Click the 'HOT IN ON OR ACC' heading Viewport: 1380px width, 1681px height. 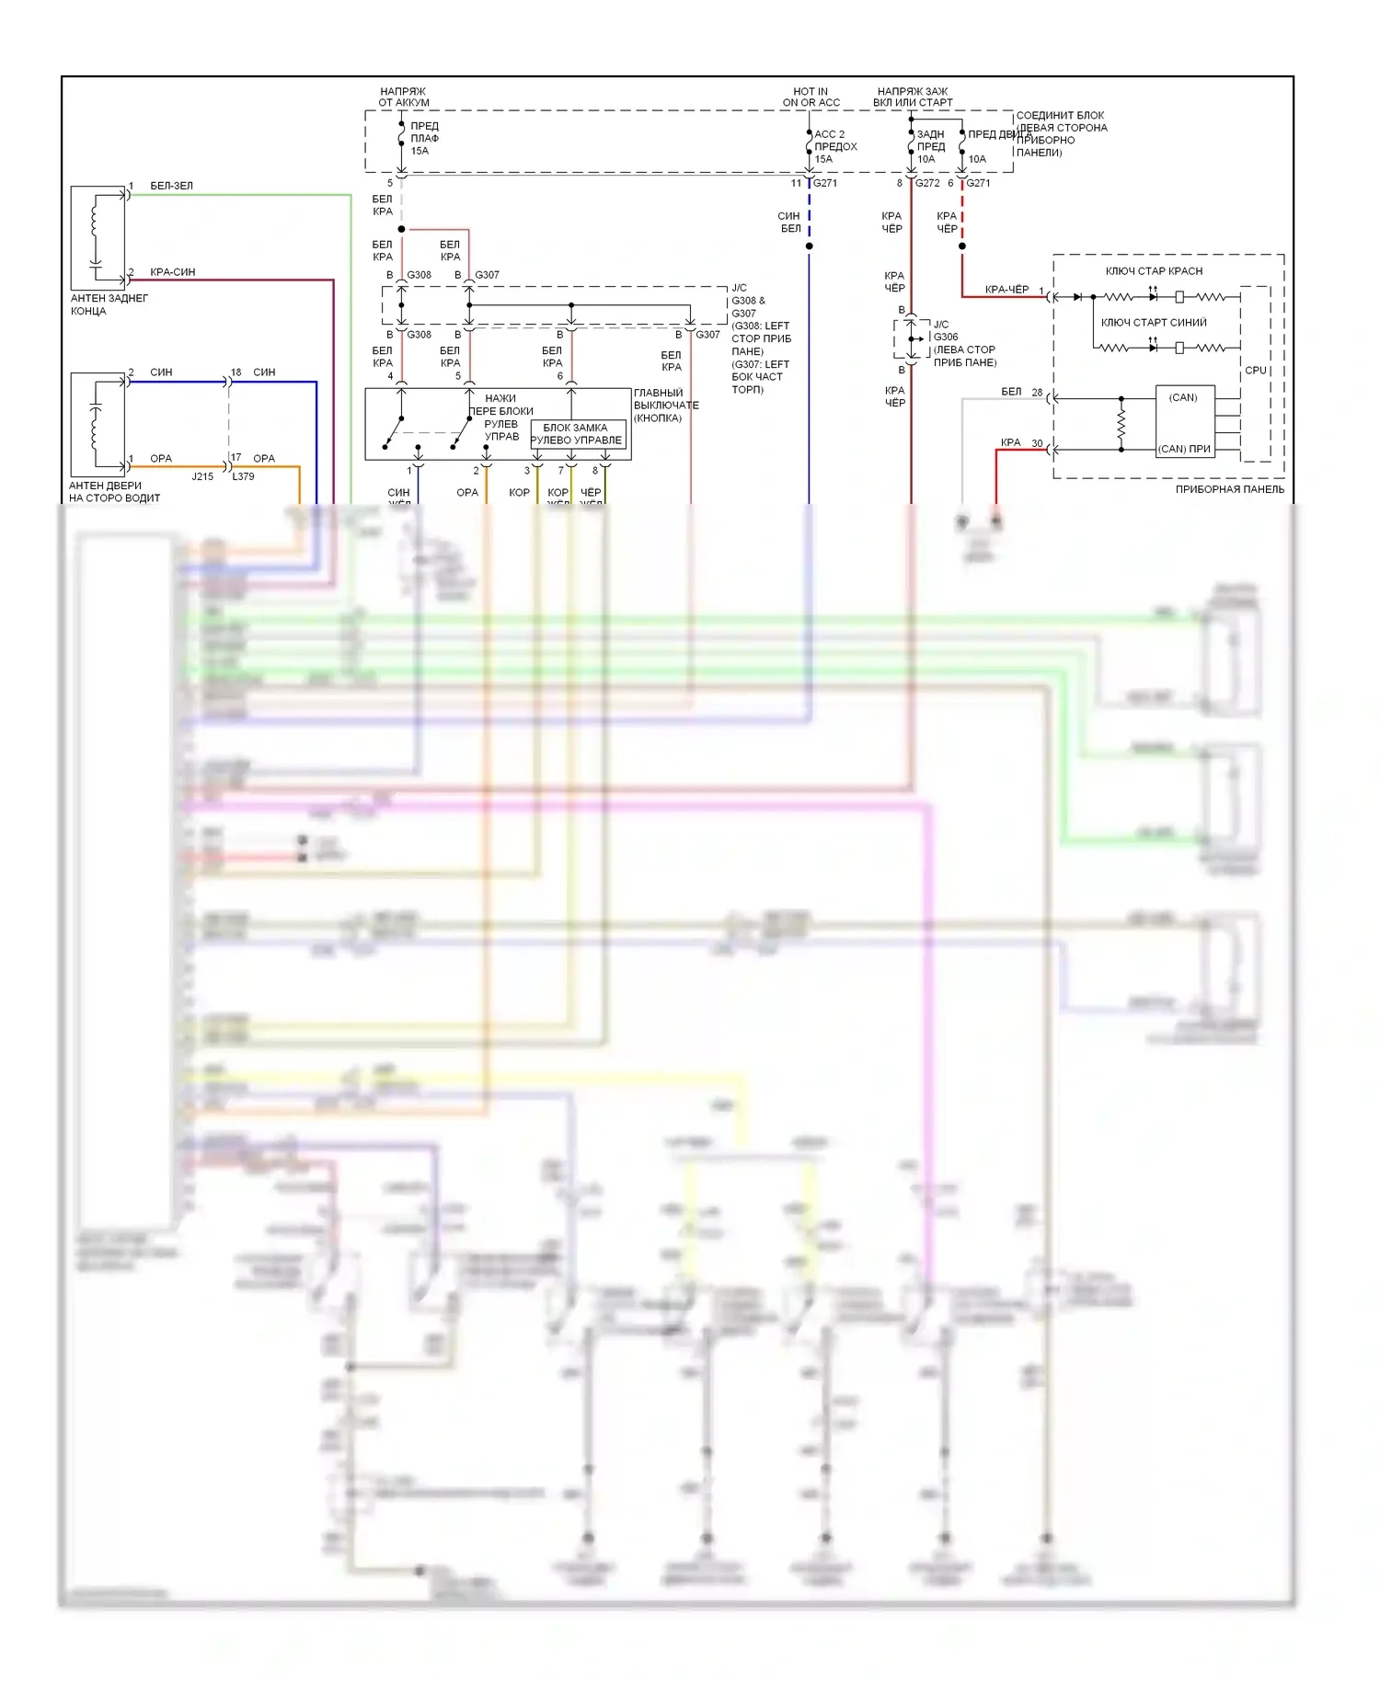(811, 97)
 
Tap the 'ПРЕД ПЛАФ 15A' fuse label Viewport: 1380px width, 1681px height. (424, 138)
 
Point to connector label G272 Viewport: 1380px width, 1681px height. (926, 183)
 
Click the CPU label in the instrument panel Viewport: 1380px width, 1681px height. (1255, 371)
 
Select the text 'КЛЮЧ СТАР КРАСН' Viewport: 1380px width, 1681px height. (1154, 271)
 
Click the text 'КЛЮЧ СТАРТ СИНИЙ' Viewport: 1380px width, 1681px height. (1154, 323)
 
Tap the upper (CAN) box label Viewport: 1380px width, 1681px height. (1183, 398)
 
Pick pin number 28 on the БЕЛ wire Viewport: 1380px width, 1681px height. (1037, 393)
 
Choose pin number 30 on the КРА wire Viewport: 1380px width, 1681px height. (1037, 443)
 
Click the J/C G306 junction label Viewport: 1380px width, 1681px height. (946, 331)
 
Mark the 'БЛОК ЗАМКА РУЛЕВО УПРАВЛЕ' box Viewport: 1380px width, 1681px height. (577, 434)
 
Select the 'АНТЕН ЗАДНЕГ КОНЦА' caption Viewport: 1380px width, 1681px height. (109, 304)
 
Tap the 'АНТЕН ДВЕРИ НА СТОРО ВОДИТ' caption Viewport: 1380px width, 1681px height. (113, 492)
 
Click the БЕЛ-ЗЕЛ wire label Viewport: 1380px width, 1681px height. (172, 186)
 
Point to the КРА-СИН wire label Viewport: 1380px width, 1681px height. (172, 272)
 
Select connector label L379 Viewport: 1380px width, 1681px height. (243, 476)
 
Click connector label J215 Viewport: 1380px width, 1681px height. (202, 476)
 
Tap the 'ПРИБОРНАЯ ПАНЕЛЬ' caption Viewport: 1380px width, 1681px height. (1229, 489)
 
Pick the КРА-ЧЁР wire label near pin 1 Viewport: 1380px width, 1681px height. (1006, 290)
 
